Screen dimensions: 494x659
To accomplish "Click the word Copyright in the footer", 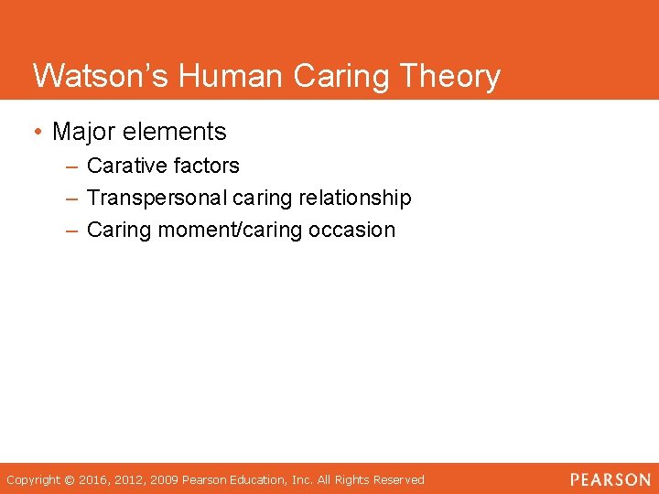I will pos(34,479).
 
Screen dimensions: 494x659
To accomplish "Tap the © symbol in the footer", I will pos(71,479).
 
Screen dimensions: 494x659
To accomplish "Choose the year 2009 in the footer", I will pos(166,479).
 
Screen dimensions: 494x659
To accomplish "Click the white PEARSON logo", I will pos(610,479).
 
